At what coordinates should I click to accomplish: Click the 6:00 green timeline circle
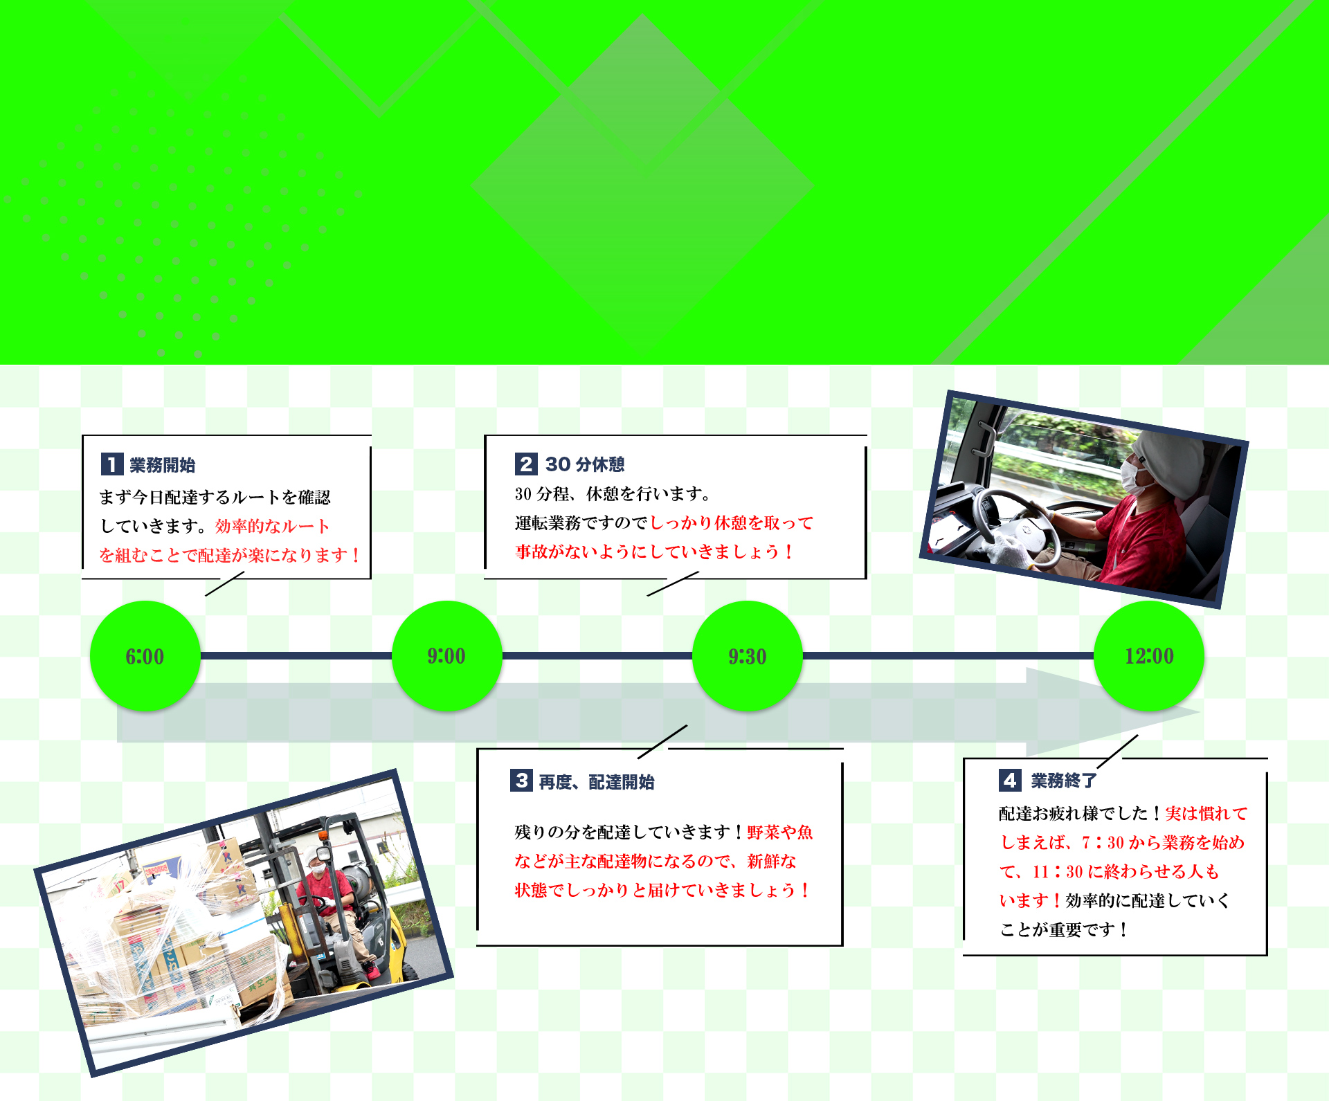(145, 655)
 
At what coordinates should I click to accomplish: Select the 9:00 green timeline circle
(446, 655)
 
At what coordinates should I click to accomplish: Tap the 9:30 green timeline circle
(748, 655)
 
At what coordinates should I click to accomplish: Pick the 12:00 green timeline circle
(1149, 655)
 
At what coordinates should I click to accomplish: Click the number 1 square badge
(112, 464)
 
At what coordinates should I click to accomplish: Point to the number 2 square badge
(526, 464)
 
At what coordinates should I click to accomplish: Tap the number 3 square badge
(522, 781)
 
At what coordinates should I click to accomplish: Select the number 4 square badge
(1010, 781)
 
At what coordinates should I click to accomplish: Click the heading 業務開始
(163, 465)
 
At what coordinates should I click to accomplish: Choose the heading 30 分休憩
(585, 464)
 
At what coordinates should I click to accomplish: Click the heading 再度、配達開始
(597, 782)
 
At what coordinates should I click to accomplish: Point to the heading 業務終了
(1064, 781)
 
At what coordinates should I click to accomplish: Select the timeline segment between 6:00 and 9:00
(296, 655)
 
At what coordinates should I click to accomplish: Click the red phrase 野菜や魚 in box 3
(780, 832)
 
